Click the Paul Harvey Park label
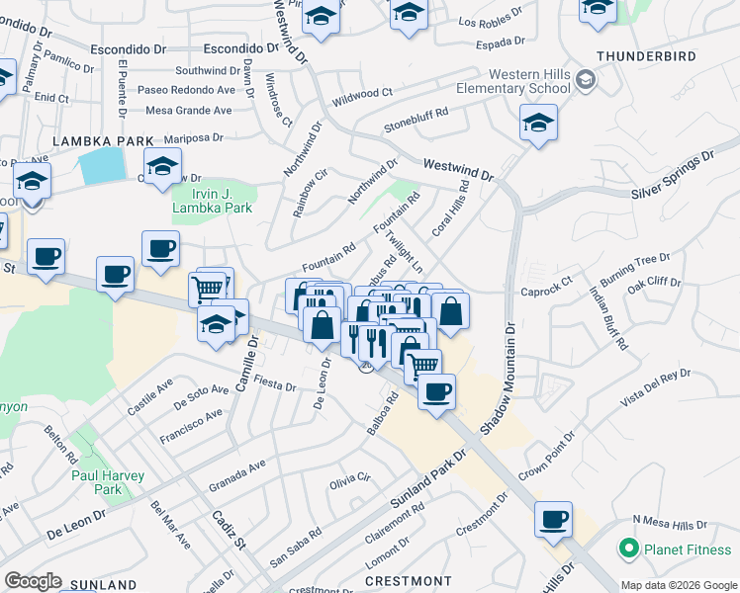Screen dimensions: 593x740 pos(108,482)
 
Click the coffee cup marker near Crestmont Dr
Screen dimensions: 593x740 pos(553,518)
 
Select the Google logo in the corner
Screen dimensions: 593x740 pos(33,581)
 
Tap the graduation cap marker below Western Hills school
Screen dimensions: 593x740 pos(537,124)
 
